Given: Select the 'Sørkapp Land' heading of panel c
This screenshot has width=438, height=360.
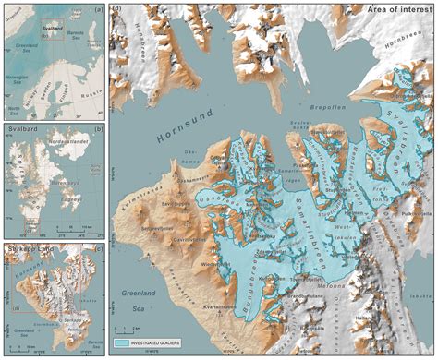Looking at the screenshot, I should pyautogui.click(x=24, y=249).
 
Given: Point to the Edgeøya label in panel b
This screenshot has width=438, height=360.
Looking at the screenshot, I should pyautogui.click(x=72, y=197).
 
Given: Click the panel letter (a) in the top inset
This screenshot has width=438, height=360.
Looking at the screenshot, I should pyautogui.click(x=97, y=12).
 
